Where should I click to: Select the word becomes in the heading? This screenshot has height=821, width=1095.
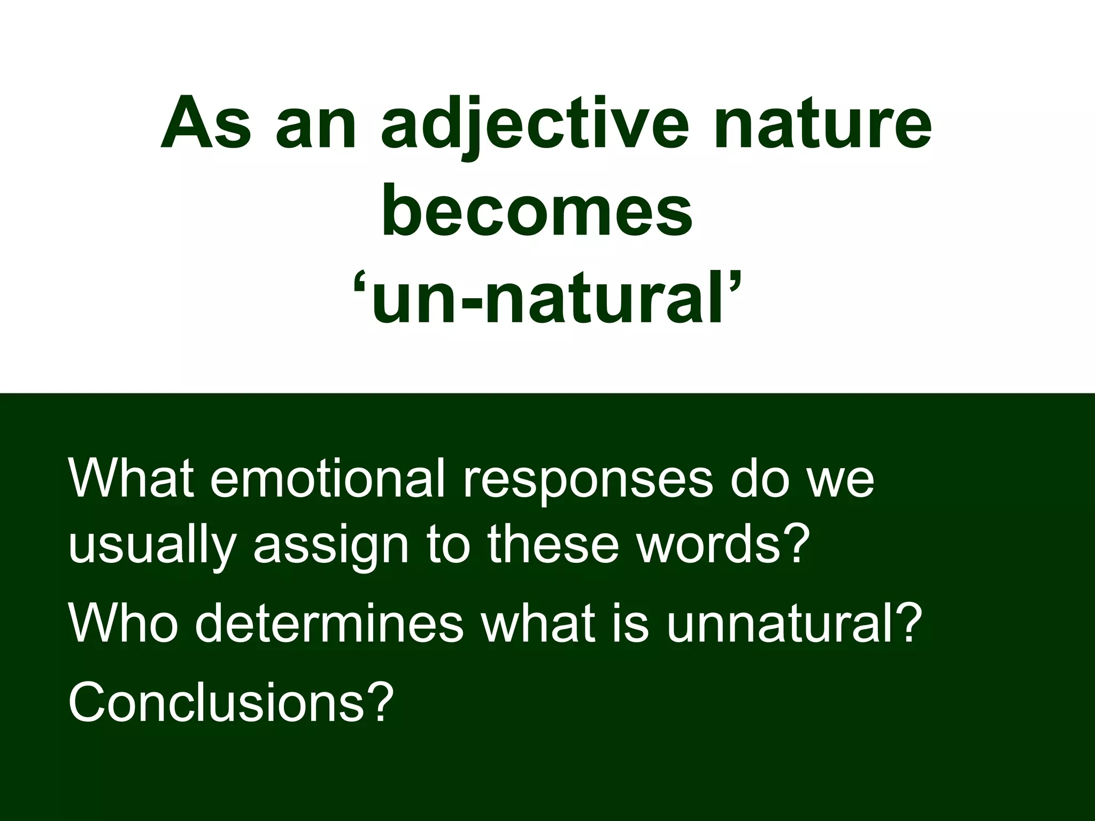coord(537,212)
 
